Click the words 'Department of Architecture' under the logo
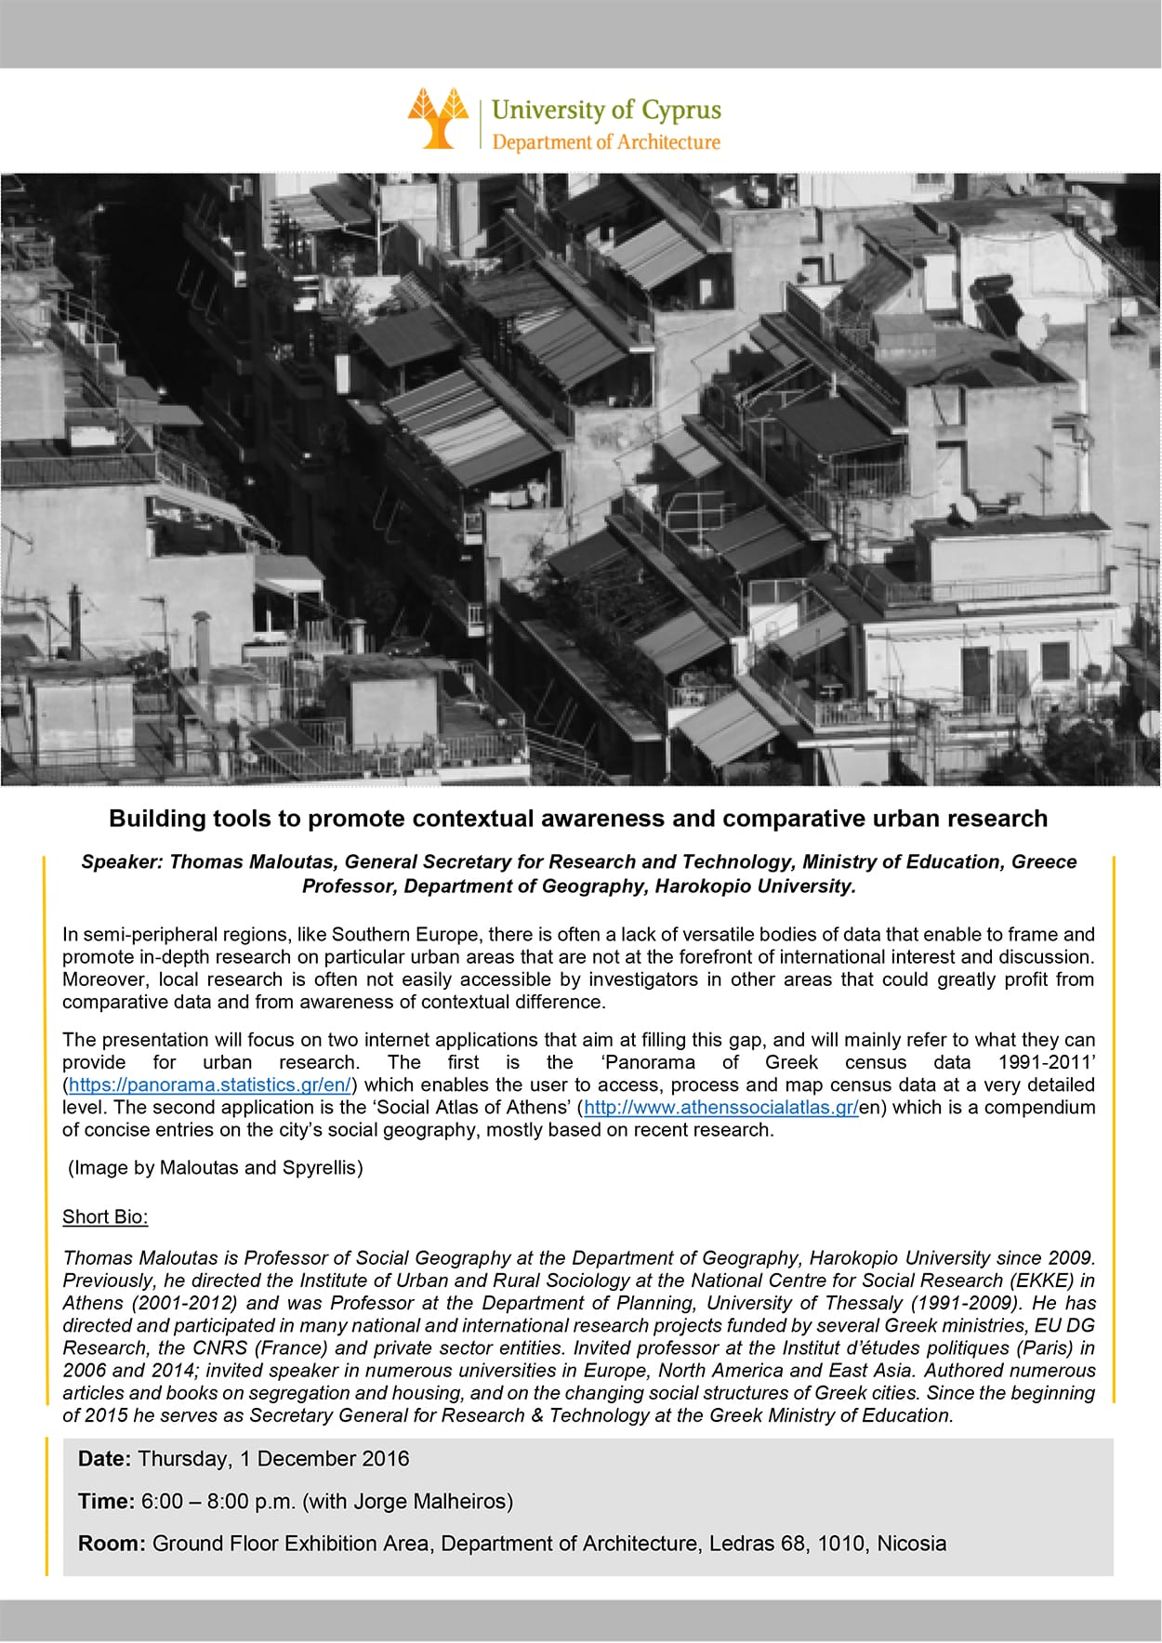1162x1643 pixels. coord(605,142)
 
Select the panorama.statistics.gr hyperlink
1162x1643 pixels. coord(210,1084)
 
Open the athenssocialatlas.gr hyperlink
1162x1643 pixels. coord(720,1107)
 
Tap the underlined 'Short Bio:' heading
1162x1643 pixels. coord(105,1216)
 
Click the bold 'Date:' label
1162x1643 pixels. coord(105,1458)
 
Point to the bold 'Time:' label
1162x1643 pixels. coord(106,1501)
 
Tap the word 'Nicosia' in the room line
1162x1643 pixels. coord(911,1544)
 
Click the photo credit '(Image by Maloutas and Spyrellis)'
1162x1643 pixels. coord(215,1167)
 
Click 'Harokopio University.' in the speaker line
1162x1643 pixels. coord(755,886)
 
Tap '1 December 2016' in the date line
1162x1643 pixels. coord(324,1458)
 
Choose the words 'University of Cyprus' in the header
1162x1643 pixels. coord(606,110)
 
